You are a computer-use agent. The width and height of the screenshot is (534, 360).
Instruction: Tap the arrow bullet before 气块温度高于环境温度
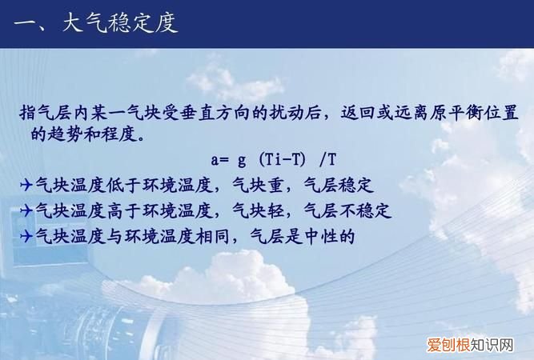(26, 211)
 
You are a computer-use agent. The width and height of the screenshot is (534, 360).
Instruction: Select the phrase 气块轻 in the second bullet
(259, 211)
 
